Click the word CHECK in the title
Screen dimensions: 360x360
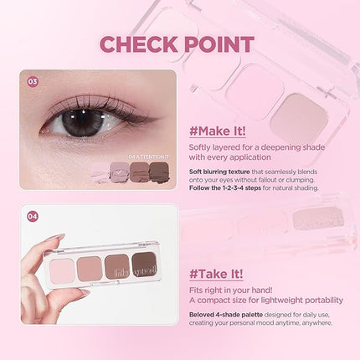click(x=136, y=44)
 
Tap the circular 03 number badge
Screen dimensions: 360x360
click(x=33, y=82)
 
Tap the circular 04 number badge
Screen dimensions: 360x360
click(x=33, y=216)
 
